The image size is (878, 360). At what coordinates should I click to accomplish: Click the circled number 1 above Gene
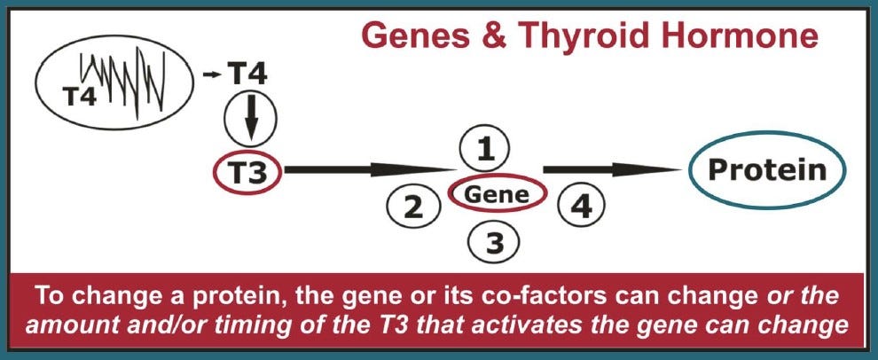coord(484,152)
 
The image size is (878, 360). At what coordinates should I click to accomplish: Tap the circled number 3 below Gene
coord(484,241)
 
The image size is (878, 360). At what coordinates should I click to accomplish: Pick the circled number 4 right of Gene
coord(577,207)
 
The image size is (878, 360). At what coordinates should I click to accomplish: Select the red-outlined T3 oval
coord(247,172)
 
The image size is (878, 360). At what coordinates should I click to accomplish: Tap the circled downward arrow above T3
coord(251,117)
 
